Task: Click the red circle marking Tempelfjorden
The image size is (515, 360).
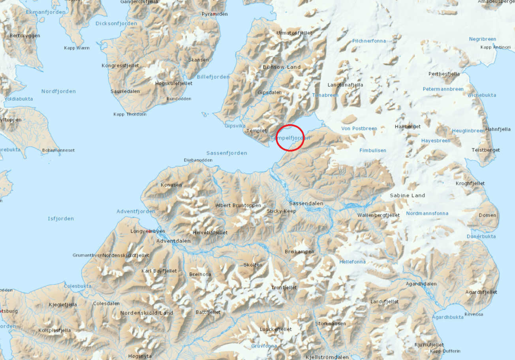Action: [x=290, y=137]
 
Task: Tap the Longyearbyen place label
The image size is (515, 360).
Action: [x=148, y=231]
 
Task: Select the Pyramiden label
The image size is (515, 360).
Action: [x=215, y=14]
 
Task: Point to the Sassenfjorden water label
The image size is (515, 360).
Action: [x=227, y=153]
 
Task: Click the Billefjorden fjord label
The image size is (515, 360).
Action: [x=213, y=77]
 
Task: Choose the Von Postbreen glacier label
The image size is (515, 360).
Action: [x=359, y=128]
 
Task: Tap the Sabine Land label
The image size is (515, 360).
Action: [x=407, y=195]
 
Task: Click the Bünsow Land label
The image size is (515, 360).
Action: [x=282, y=67]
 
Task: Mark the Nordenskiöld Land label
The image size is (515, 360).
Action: [x=147, y=313]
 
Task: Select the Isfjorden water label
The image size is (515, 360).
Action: [x=61, y=219]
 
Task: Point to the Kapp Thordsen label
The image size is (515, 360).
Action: [x=130, y=114]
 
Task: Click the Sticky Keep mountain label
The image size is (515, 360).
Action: [x=281, y=211]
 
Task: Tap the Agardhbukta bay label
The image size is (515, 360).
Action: [x=447, y=317]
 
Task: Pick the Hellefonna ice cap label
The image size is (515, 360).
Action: [x=352, y=262]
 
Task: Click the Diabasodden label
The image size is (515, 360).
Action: [x=198, y=160]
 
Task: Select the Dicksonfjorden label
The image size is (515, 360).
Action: [x=117, y=24]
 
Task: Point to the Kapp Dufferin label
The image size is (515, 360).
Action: [x=445, y=351]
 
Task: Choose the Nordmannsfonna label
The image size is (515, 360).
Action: [x=427, y=214]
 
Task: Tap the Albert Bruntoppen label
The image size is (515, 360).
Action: [x=239, y=206]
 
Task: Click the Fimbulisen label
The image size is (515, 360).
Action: [x=373, y=150]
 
